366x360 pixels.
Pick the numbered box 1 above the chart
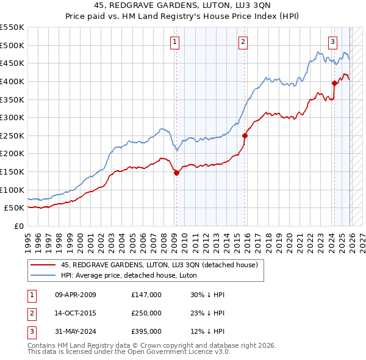tap(174, 41)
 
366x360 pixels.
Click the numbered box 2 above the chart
tap(243, 41)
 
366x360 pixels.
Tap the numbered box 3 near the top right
tap(332, 41)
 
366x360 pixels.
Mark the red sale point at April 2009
tap(176, 173)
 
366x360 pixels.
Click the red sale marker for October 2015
tap(245, 135)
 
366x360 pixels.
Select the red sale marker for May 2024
tap(334, 83)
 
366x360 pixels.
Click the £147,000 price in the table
tap(146, 295)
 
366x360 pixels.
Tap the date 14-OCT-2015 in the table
tap(76, 313)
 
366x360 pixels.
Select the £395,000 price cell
tap(146, 331)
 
